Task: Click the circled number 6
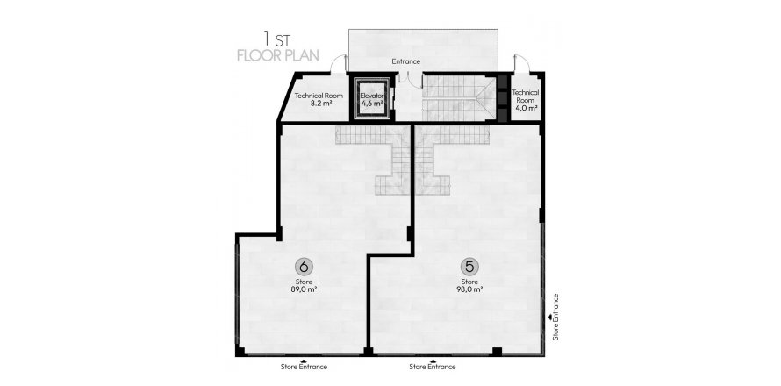tap(305, 265)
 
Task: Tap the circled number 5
tap(469, 265)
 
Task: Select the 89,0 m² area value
tap(305, 289)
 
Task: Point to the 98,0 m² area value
tap(469, 289)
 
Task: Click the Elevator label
tap(372, 95)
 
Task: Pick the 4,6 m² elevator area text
tap(372, 104)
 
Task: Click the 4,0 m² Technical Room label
tap(525, 109)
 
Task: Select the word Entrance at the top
tap(405, 61)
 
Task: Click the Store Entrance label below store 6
tap(304, 367)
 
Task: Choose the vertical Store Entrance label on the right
tap(556, 320)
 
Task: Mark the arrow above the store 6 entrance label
tap(304, 359)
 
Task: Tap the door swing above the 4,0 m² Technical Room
tap(519, 64)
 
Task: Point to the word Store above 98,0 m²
tap(469, 281)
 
